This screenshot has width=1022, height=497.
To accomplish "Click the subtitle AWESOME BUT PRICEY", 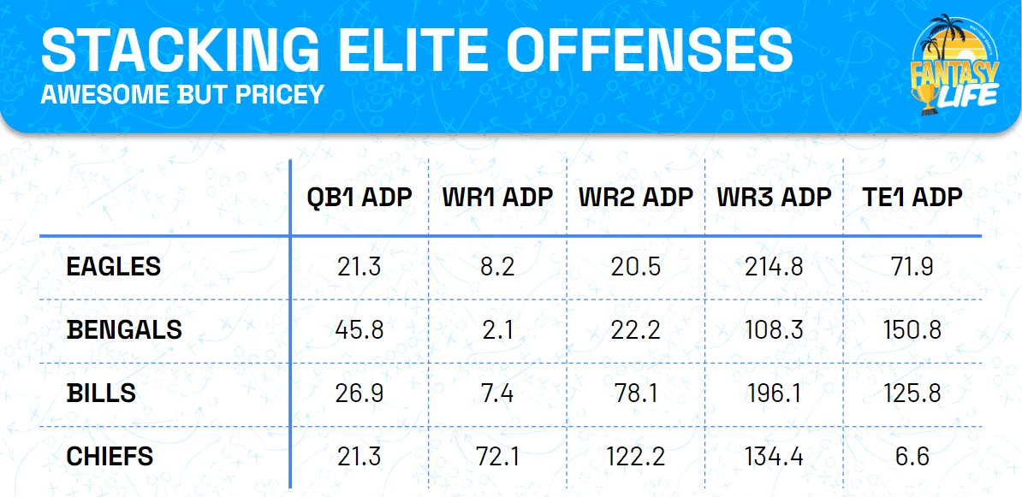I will coord(182,93).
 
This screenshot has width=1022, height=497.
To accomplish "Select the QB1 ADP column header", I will coord(359,198).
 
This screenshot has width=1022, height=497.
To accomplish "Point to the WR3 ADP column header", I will coord(774,198).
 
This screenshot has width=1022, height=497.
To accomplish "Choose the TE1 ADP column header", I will coord(912,198).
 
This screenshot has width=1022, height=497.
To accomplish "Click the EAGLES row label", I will coord(113,267).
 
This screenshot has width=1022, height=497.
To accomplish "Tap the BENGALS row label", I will coord(124,330).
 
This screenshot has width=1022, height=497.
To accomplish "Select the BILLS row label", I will coord(101,393).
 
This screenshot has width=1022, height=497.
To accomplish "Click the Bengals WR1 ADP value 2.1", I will coord(497,330).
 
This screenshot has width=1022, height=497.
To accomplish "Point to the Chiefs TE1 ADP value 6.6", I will coord(912,457).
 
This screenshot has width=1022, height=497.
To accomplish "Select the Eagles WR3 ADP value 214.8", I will coord(774,267).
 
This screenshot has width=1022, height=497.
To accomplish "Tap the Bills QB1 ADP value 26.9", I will coord(359,393).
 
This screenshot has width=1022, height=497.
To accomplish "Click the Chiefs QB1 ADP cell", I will coord(359,457).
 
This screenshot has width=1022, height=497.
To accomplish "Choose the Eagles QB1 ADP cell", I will coord(359,267).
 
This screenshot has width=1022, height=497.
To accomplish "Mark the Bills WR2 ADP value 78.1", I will coord(635,393).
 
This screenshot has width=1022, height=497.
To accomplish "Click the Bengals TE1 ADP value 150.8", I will coord(912,330).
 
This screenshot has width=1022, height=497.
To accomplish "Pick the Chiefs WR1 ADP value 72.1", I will coord(497,457).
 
